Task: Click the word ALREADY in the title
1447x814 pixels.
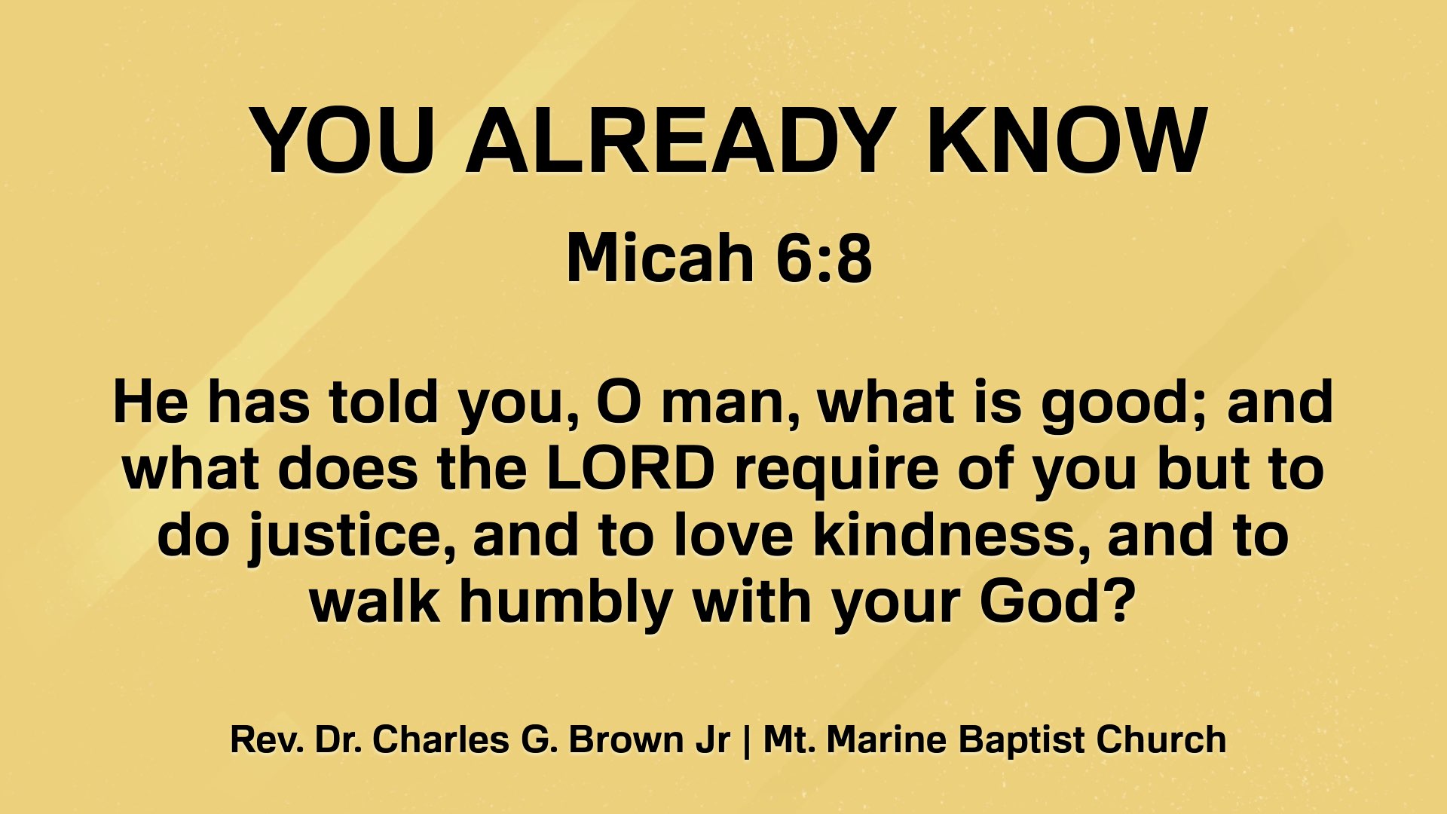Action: pos(680,141)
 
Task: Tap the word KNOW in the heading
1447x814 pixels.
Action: pos(1066,141)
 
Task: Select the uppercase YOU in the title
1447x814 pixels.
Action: pos(344,141)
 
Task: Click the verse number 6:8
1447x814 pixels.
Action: pos(824,258)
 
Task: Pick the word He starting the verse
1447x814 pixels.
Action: pos(150,402)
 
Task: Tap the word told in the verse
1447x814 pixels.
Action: pos(384,402)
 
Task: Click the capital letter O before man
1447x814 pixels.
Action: pos(619,402)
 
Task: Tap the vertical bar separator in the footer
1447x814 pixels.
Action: pos(746,741)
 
